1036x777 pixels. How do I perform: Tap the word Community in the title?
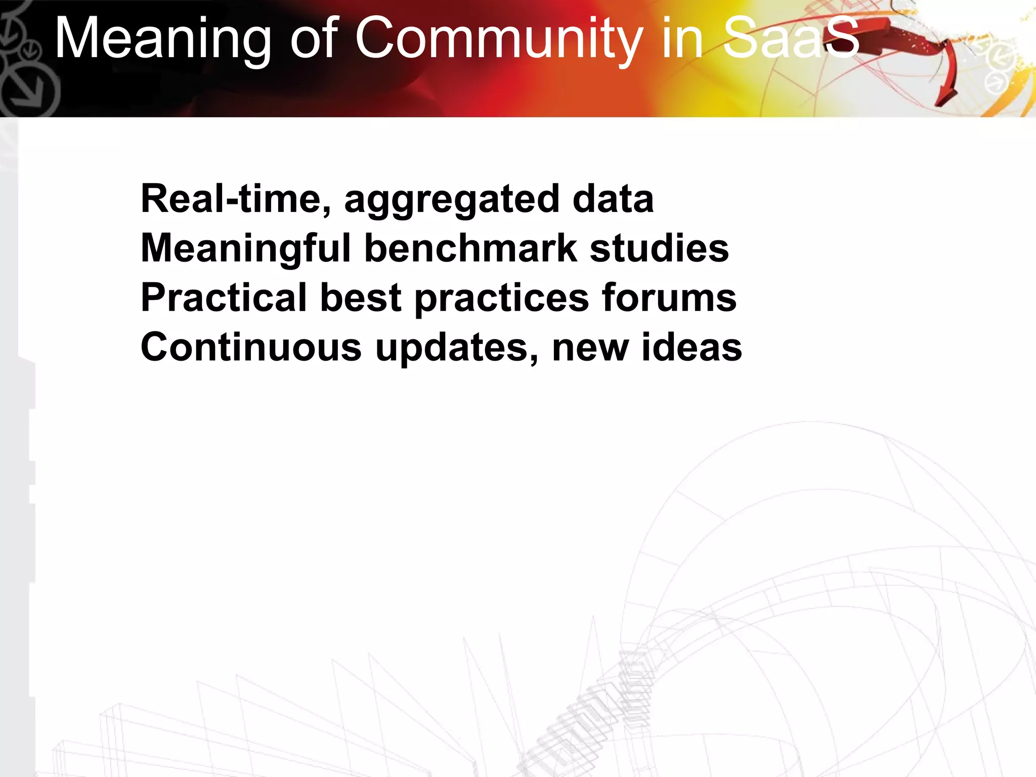[498, 39]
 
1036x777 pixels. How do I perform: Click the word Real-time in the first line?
[235, 199]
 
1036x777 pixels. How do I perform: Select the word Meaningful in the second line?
[245, 248]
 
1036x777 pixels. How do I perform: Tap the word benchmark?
[470, 248]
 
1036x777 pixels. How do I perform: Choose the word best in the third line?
[361, 298]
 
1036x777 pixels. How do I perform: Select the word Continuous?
[251, 348]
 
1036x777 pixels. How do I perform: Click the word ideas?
[692, 348]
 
